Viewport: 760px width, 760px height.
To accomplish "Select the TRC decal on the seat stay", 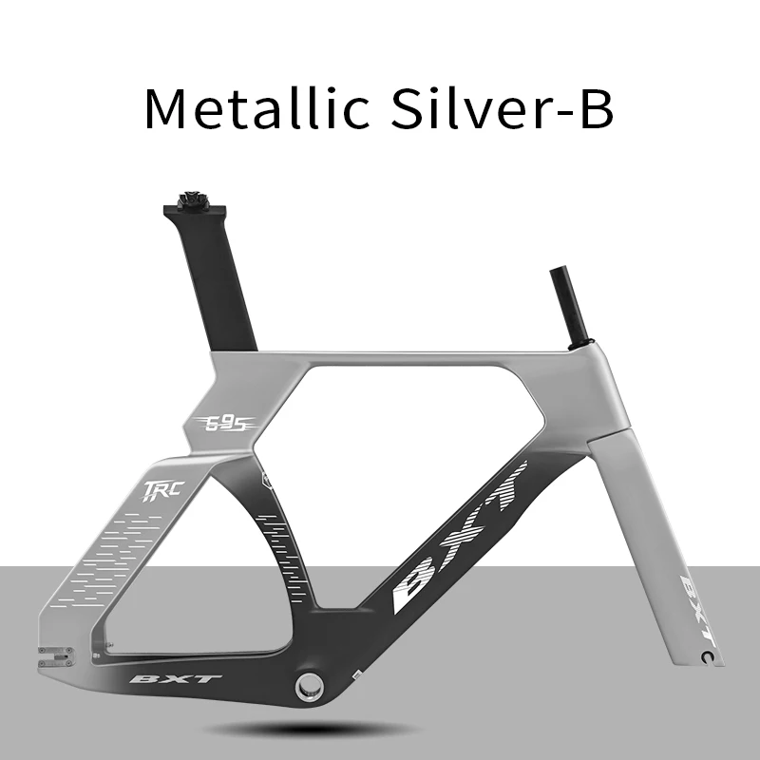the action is click(x=162, y=490).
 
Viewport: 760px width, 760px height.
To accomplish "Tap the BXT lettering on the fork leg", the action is click(x=698, y=611).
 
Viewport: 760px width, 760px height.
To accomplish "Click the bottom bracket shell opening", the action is click(x=310, y=684).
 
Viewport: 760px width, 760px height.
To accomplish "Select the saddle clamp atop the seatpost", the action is click(x=195, y=202).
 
